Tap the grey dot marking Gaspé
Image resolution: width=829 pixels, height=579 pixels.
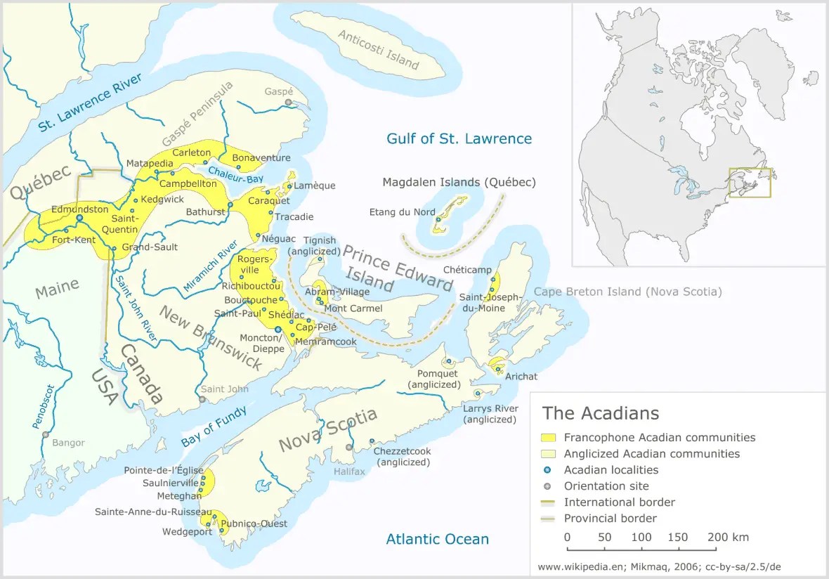(x=287, y=103)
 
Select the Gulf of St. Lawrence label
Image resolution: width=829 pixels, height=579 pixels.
(x=459, y=138)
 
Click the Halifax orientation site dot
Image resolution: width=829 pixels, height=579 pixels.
(x=348, y=447)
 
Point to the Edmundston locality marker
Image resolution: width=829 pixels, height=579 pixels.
(x=79, y=219)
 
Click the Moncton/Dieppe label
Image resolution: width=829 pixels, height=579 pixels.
(x=262, y=344)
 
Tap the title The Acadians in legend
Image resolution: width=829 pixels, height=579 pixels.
(x=600, y=412)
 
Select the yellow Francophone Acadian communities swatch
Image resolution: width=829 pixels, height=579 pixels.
(x=549, y=438)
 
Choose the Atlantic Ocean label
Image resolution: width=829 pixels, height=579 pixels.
(x=437, y=540)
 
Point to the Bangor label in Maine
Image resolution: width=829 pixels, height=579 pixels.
(x=68, y=443)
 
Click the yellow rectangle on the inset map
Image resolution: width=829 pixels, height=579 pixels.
(x=750, y=183)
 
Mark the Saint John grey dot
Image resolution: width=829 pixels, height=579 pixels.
(x=202, y=399)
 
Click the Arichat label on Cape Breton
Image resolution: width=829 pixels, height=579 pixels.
(x=521, y=377)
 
